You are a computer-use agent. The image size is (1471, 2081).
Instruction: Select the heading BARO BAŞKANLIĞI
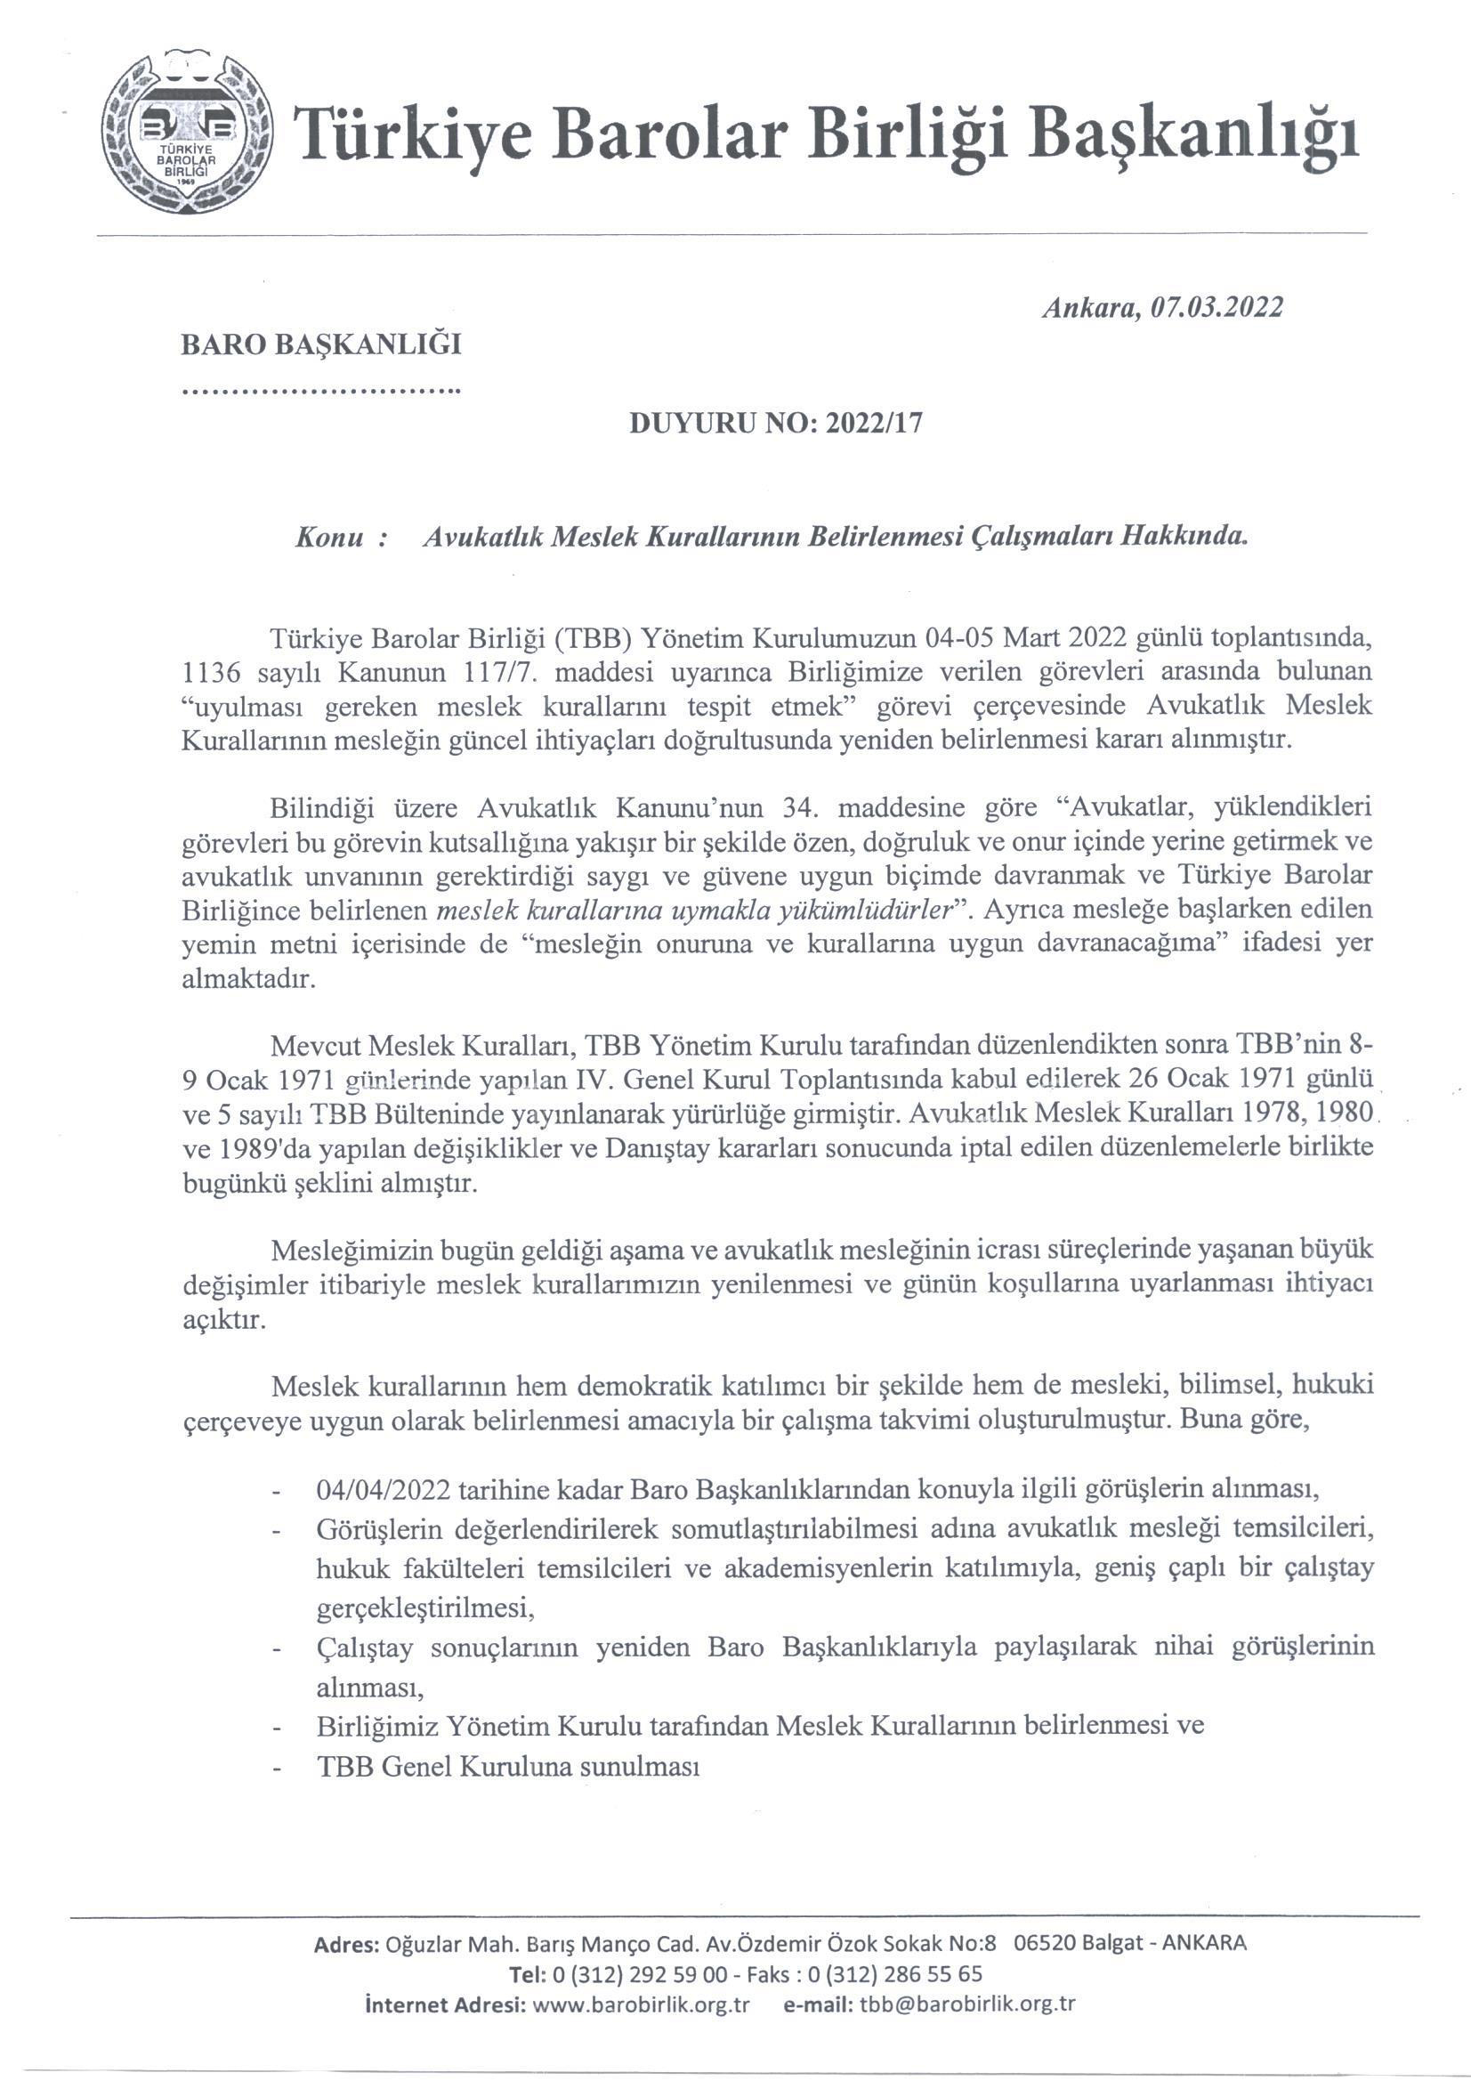pos(322,345)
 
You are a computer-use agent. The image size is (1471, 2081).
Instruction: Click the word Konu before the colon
pos(330,537)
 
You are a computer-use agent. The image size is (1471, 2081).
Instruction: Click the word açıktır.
pos(211,1320)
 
